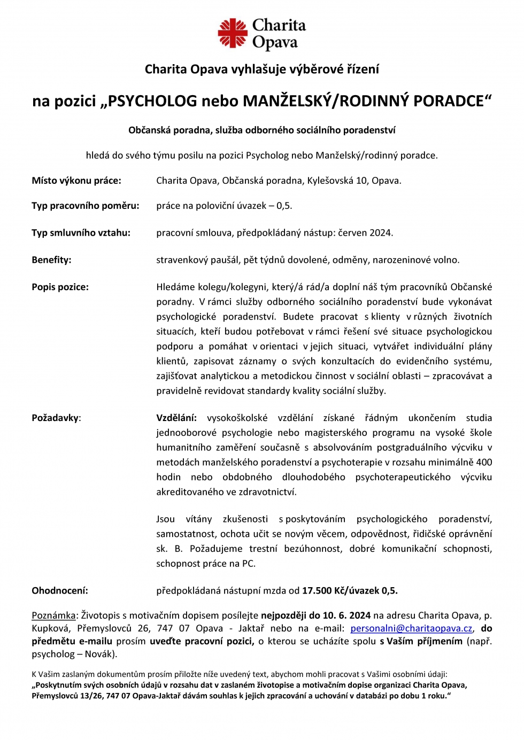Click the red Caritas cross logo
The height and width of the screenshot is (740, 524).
pyautogui.click(x=232, y=33)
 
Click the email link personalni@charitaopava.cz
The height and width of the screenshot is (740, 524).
pyautogui.click(x=411, y=628)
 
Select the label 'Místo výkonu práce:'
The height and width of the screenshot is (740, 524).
pyautogui.click(x=76, y=181)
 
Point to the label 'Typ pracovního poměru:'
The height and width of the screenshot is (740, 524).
pyautogui.click(x=86, y=206)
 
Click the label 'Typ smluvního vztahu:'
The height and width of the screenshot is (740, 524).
pyautogui.click(x=81, y=233)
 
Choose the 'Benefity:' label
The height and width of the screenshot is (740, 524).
pyautogui.click(x=51, y=260)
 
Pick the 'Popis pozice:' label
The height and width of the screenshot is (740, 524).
pyautogui.click(x=60, y=287)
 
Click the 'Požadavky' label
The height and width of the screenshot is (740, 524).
pyautogui.click(x=55, y=418)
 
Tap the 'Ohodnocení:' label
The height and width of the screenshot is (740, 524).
pyautogui.click(x=60, y=590)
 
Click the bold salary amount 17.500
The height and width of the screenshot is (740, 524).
pyautogui.click(x=317, y=590)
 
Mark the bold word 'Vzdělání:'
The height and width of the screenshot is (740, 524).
pyautogui.click(x=176, y=418)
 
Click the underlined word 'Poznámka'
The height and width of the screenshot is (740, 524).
pyautogui.click(x=53, y=616)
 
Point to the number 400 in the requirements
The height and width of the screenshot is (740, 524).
pyautogui.click(x=484, y=462)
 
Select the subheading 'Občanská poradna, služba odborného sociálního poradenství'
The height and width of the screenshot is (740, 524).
pyautogui.click(x=262, y=130)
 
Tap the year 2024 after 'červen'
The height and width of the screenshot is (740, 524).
pyautogui.click(x=381, y=233)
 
